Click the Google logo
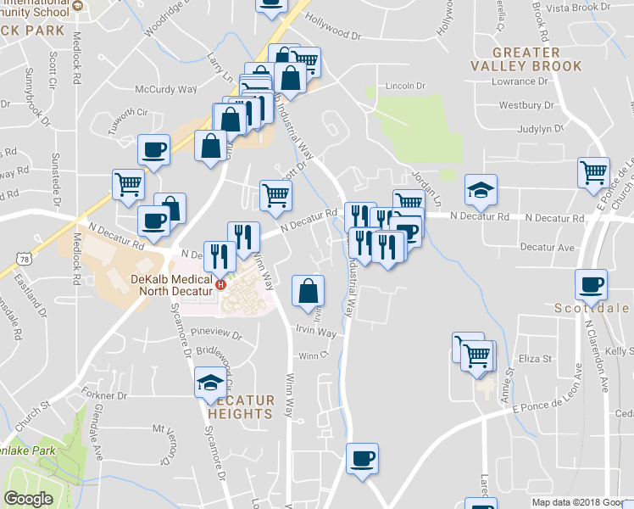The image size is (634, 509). [28, 499]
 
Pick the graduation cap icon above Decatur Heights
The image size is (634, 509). [209, 383]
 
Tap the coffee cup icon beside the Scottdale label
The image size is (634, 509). [591, 285]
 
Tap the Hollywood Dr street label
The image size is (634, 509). [333, 33]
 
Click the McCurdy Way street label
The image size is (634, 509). [166, 89]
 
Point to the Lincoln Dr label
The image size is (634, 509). [405, 85]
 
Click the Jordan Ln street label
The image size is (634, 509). [426, 188]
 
